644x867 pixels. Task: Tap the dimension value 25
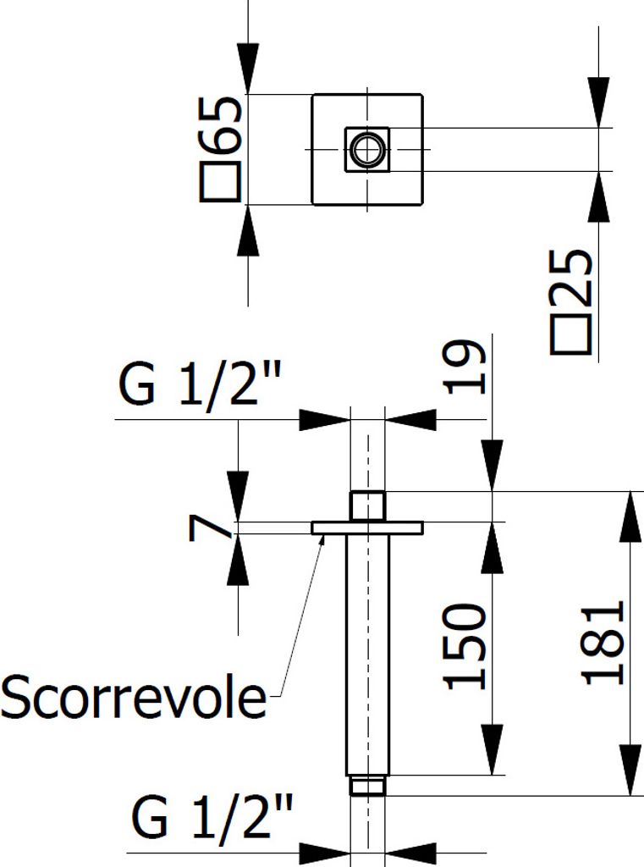pyautogui.click(x=570, y=279)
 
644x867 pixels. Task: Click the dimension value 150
pyautogui.click(x=466, y=645)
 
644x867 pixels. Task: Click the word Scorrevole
pyautogui.click(x=133, y=698)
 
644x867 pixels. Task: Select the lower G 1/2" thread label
pyautogui.click(x=212, y=819)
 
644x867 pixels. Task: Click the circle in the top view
pyautogui.click(x=366, y=149)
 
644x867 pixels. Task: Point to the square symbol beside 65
pyautogui.click(x=223, y=183)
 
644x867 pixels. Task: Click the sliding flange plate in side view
pyautogui.click(x=366, y=527)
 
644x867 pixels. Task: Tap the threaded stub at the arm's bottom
pyautogui.click(x=367, y=787)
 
